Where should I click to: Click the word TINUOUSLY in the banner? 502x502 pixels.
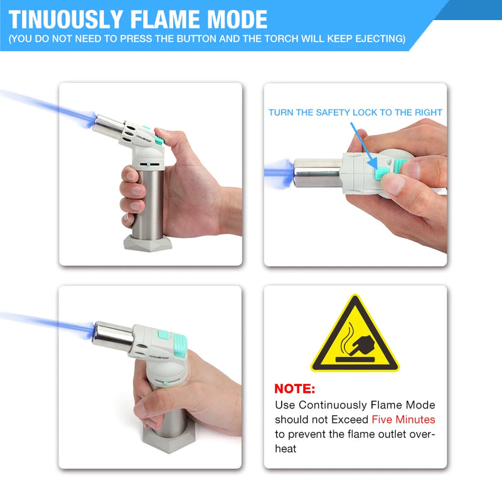click(66, 19)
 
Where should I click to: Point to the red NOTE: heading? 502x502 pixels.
click(295, 388)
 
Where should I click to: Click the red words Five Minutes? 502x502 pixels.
click(403, 419)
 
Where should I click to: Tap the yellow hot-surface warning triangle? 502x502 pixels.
click(355, 334)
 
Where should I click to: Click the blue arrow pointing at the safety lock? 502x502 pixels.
click(364, 146)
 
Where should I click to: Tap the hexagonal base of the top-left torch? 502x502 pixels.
click(148, 243)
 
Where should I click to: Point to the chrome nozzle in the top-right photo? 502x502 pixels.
click(318, 173)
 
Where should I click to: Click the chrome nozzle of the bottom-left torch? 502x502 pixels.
click(113, 336)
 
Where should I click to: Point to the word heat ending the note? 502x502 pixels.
click(286, 449)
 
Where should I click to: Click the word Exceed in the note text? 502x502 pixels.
click(350, 419)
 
